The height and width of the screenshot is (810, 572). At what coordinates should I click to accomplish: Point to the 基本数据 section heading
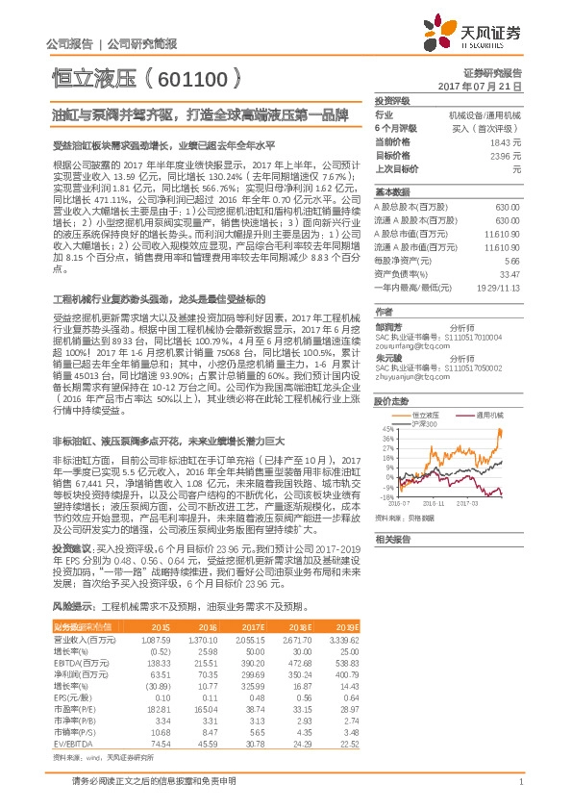[x=390, y=191]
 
